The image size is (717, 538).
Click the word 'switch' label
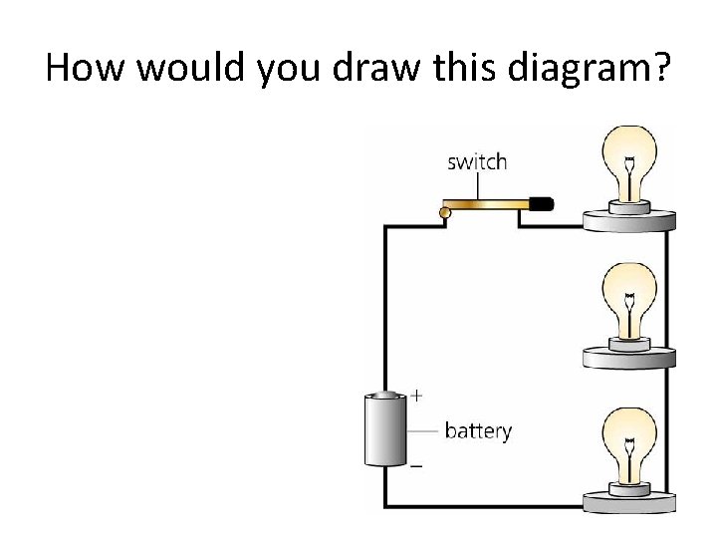tap(477, 162)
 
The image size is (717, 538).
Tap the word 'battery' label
tap(478, 431)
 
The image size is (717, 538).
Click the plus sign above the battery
tap(416, 396)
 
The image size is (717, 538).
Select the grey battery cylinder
tap(383, 430)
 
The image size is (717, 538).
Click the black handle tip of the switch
tap(541, 204)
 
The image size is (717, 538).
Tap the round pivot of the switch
tap(446, 211)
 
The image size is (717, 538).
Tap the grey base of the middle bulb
tap(628, 356)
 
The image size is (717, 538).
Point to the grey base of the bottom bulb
tap(628, 500)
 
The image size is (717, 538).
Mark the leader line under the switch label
tap(477, 186)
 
